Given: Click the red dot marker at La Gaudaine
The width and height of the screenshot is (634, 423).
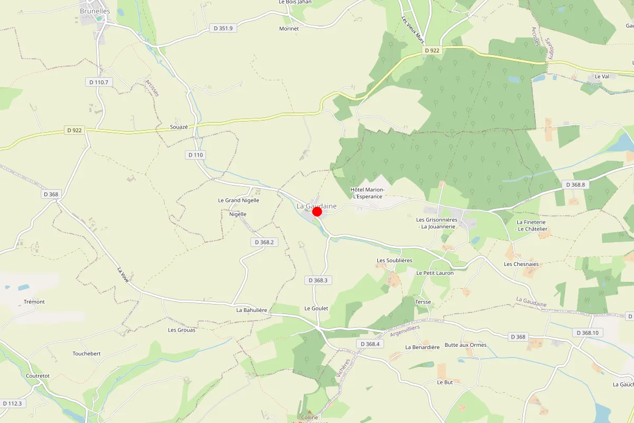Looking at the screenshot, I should click(x=317, y=212).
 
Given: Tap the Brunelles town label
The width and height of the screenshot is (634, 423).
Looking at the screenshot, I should click(x=95, y=11).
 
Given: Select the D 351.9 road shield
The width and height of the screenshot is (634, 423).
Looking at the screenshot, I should click(x=223, y=28).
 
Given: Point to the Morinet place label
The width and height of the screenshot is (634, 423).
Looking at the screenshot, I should click(x=289, y=29).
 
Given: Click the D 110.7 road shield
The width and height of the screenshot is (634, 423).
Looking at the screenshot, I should click(x=99, y=82).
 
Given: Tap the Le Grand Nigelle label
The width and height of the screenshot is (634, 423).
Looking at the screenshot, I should click(x=238, y=200).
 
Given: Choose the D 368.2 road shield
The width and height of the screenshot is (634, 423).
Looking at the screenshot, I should click(x=264, y=242).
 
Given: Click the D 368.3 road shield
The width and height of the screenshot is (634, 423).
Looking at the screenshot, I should click(x=319, y=280).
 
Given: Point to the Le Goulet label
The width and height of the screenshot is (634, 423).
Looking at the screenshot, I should click(x=316, y=308).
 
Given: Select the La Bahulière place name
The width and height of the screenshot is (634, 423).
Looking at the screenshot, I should click(x=251, y=310).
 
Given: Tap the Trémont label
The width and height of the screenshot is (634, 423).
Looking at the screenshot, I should click(x=34, y=302).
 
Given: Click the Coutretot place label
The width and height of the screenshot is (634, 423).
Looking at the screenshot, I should click(x=38, y=376).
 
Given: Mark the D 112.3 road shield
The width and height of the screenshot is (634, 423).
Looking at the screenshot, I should click(x=12, y=403).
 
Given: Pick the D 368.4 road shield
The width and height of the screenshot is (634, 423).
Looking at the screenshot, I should click(x=369, y=344).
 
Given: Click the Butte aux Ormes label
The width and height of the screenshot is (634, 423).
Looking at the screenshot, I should click(x=465, y=345).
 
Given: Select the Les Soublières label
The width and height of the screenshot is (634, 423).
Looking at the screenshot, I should click(x=394, y=261).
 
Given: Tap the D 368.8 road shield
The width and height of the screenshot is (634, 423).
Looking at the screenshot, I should click(x=575, y=185).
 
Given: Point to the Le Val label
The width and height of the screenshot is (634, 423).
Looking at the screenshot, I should click(x=602, y=76).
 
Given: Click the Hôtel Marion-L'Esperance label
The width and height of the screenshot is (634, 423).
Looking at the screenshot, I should click(x=367, y=193).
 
